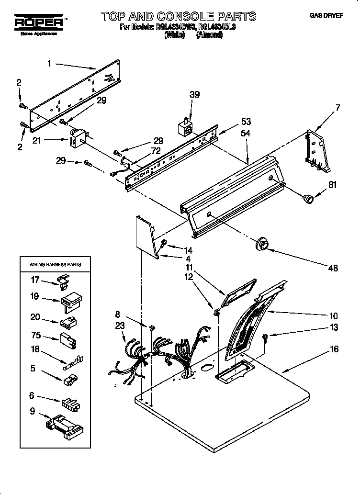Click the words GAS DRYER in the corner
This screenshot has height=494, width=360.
click(326, 16)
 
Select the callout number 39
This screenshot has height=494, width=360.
click(194, 95)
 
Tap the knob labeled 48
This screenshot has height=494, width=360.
click(261, 244)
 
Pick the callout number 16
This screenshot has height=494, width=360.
click(334, 349)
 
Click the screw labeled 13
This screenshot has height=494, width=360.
click(266, 338)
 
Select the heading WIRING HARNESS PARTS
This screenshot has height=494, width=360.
click(56, 264)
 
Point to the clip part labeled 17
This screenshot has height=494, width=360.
click(62, 282)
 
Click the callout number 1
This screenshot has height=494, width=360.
click(49, 62)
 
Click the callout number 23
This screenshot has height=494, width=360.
click(119, 326)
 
